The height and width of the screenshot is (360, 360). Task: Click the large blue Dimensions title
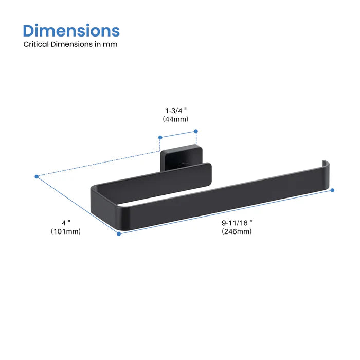point(71,30)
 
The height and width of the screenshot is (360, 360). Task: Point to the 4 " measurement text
point(66,223)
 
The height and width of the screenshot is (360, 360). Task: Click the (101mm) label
point(66,231)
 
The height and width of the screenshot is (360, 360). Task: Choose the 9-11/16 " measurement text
point(237,223)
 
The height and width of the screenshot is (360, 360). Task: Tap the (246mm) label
point(237,231)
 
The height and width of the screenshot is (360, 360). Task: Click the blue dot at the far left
point(37,176)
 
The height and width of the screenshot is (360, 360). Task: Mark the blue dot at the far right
point(332,190)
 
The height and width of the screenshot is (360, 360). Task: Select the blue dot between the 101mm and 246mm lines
point(119,233)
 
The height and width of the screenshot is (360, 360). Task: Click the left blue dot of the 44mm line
point(160,137)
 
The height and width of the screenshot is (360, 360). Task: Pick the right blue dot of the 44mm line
point(196,131)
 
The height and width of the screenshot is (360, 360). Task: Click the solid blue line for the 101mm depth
point(78,205)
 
